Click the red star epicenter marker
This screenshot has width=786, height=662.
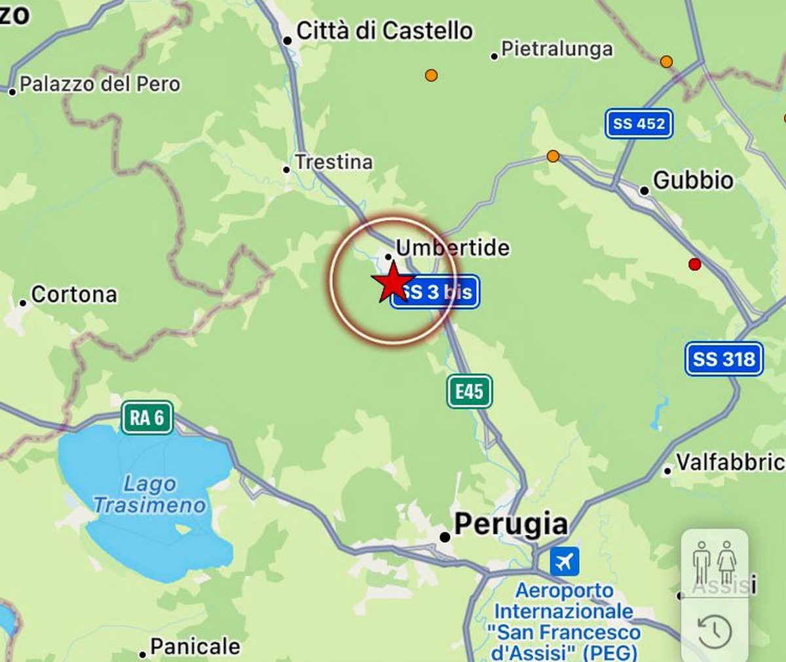point(392,282)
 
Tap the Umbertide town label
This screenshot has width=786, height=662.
point(452,248)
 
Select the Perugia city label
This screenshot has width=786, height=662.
point(510,524)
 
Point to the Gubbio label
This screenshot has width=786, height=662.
point(693,180)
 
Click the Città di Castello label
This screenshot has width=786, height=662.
point(384,31)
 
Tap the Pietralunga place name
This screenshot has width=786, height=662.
point(557,49)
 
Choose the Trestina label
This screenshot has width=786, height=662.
point(333,162)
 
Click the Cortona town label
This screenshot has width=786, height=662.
point(74,295)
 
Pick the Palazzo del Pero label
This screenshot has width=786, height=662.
point(100,84)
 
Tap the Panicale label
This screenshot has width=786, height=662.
point(195,647)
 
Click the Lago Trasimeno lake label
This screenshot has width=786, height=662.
point(149,494)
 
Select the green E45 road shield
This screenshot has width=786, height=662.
point(469,392)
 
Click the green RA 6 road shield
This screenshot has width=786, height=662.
point(147,418)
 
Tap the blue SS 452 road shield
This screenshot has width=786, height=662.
point(639,123)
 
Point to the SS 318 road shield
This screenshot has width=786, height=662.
point(724,359)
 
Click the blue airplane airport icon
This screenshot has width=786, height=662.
point(564,562)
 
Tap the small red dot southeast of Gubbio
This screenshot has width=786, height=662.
point(694,265)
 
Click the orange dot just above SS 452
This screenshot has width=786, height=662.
point(666,62)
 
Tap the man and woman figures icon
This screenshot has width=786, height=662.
point(715,562)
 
